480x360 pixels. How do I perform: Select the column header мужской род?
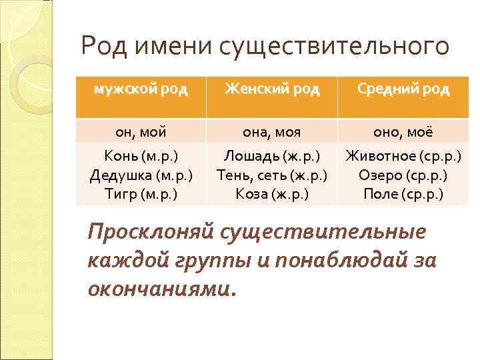click(141, 89)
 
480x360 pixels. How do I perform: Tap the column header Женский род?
click(272, 89)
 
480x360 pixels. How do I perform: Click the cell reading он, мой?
click(141, 131)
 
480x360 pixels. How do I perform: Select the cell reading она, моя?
click(272, 131)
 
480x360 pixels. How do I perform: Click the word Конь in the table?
click(120, 157)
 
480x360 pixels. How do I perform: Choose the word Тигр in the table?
click(120, 195)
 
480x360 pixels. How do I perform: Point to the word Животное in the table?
click(378, 157)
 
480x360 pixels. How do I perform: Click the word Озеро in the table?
click(378, 176)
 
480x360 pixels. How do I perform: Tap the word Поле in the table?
click(379, 195)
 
